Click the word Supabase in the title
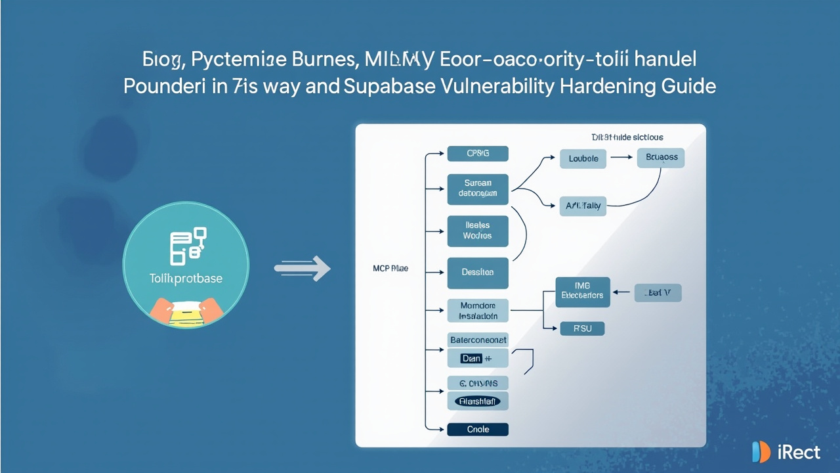[387, 86]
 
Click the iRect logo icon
[761, 452]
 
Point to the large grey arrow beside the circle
[302, 267]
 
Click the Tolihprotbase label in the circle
[186, 278]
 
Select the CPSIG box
[478, 154]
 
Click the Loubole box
[583, 158]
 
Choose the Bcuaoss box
[661, 158]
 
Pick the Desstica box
[478, 273]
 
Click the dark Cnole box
[478, 430]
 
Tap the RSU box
[581, 328]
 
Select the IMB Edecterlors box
[583, 292]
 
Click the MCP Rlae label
[390, 269]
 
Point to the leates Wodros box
[478, 231]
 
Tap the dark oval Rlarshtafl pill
[478, 401]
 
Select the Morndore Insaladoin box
[478, 311]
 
